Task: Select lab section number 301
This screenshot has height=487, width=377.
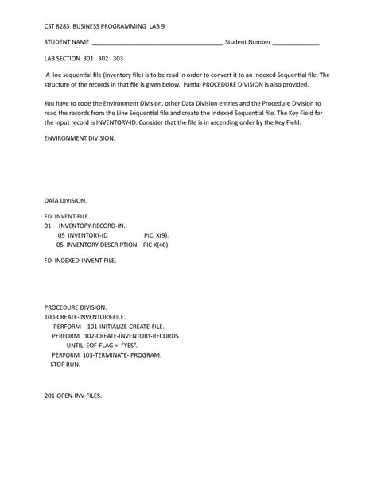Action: pos(88,59)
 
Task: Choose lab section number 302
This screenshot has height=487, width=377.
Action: pos(103,59)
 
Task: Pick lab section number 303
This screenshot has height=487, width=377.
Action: pos(119,59)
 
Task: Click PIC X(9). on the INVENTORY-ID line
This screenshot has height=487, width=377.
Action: pos(156,236)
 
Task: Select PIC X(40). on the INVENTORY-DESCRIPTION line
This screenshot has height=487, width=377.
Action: pos(156,245)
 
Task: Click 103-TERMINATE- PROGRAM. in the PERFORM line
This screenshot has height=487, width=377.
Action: pos(119,355)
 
